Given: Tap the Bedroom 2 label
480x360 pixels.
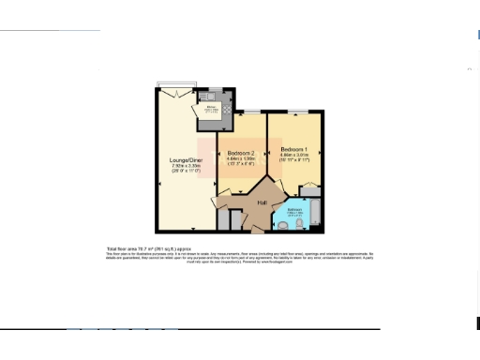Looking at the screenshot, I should coord(242,154).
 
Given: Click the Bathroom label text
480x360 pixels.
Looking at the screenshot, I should coord(293,209).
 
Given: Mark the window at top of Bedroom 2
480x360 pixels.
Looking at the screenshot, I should coord(250,112).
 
